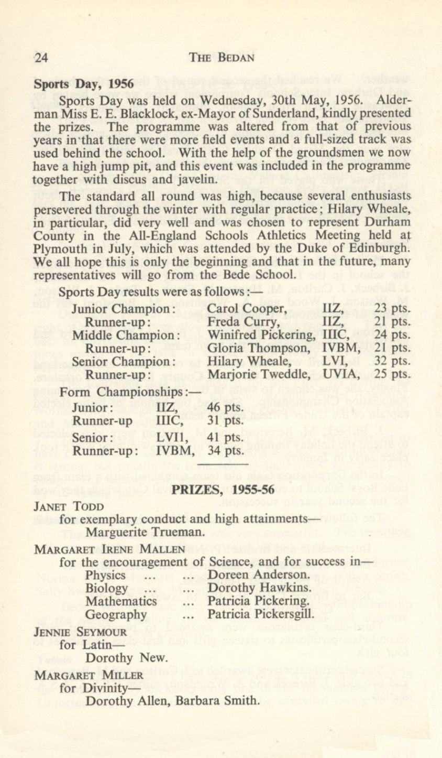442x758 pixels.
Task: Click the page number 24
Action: [x=41, y=58]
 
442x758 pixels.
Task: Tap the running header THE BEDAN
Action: [x=222, y=58]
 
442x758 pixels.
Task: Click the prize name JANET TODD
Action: [x=69, y=507]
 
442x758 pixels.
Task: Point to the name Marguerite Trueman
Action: [x=145, y=534]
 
